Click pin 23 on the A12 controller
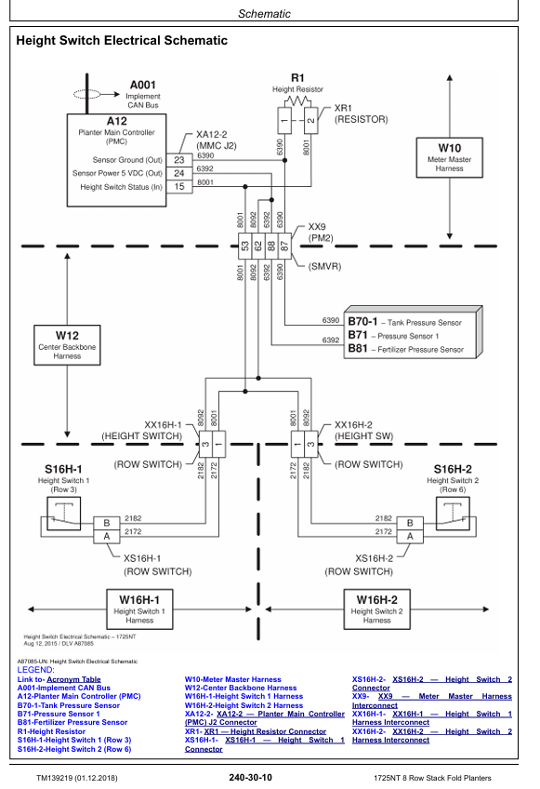179,160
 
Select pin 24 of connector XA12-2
179,173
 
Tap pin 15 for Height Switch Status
179,187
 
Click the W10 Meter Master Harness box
449,157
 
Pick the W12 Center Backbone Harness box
67,344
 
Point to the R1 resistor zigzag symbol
297,101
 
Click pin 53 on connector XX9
244,246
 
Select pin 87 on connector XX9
284,246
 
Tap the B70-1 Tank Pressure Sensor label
404,322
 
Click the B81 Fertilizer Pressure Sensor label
406,349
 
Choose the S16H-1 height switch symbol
63,514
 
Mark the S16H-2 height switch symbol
453,514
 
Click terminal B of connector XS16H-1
107,523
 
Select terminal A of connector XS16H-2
410,537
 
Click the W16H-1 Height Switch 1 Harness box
139,609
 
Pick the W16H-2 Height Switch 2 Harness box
376,609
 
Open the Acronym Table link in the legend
74,679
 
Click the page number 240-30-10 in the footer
250,778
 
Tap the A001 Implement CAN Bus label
143,94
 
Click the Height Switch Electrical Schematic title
122,40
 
